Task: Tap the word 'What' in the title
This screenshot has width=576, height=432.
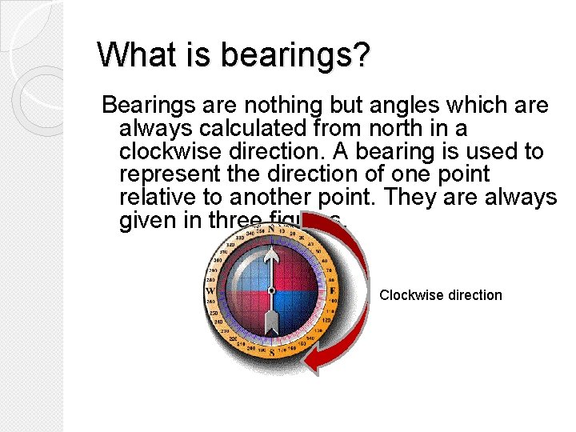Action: point(128,54)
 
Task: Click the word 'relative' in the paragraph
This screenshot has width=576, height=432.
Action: point(157,198)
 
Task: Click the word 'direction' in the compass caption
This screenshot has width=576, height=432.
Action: point(475,295)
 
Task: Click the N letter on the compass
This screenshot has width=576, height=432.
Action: point(271,229)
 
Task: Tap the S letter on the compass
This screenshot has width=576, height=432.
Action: point(272,352)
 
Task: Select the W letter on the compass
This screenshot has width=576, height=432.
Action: point(210,290)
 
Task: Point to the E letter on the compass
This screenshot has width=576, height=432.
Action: point(332,290)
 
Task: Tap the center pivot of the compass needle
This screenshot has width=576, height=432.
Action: point(271,290)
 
